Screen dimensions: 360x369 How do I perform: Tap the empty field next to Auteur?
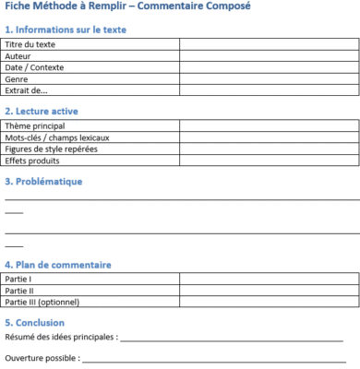tap(268, 55)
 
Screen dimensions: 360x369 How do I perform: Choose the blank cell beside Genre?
tap(268, 79)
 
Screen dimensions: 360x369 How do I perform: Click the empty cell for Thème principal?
tap(268, 125)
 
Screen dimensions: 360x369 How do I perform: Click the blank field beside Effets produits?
tap(268, 160)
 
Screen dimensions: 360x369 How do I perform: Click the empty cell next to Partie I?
tap(268, 279)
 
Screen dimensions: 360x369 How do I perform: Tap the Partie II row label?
tap(19, 290)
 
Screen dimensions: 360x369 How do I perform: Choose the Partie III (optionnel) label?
tap(42, 302)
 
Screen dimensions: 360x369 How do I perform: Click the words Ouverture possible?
tap(40, 357)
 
